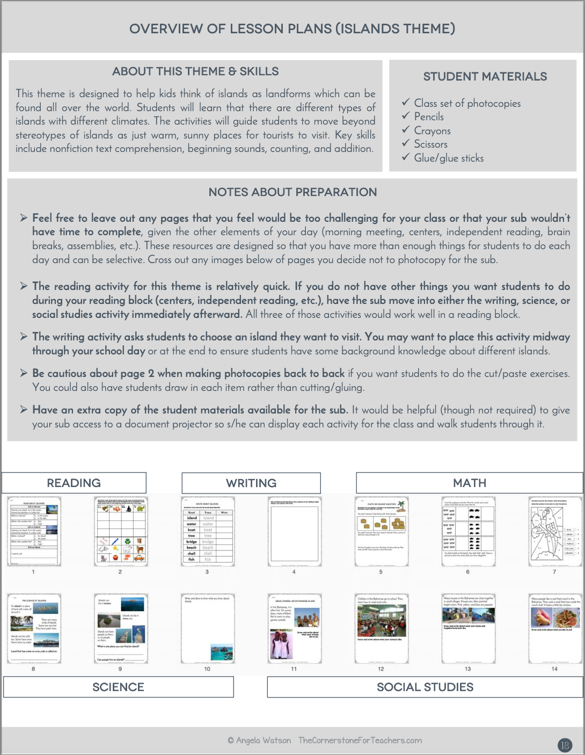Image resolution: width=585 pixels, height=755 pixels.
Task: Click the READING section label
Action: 74,483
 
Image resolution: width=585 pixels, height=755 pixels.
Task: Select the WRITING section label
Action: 251,483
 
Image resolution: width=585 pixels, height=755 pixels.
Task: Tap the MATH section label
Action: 470,483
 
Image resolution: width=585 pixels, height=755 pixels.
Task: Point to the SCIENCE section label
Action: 118,687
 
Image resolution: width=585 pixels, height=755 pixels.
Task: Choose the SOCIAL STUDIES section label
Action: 425,687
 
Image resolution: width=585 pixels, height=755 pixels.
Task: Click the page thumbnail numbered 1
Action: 34,531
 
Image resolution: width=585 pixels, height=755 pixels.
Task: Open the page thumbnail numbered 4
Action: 294,531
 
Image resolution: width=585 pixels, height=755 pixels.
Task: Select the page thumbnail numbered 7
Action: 555,531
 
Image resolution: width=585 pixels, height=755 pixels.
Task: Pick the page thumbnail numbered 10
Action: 208,628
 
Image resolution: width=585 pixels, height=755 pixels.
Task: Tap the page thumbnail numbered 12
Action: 381,628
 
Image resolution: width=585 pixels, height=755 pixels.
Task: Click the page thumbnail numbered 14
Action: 555,628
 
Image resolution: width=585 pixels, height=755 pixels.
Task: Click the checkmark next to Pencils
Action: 406,116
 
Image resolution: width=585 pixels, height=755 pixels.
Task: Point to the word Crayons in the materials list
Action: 432,130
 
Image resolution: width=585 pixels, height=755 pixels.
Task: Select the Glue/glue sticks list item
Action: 449,158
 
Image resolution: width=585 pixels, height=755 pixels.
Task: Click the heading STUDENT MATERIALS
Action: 485,76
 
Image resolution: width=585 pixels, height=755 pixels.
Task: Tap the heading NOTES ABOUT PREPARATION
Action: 292,192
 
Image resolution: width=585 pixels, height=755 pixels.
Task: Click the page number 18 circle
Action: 565,745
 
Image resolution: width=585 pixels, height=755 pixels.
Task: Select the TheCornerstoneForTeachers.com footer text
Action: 360,740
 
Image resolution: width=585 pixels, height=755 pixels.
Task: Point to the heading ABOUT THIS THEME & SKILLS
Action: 195,71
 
